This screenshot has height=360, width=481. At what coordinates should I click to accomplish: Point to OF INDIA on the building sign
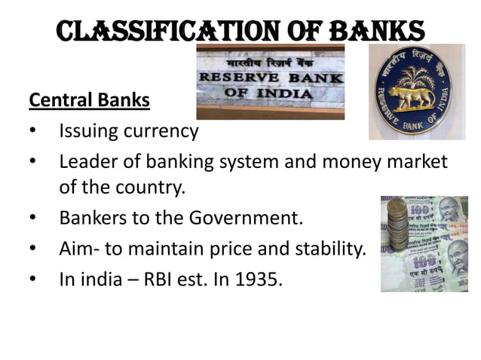pos(268,93)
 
